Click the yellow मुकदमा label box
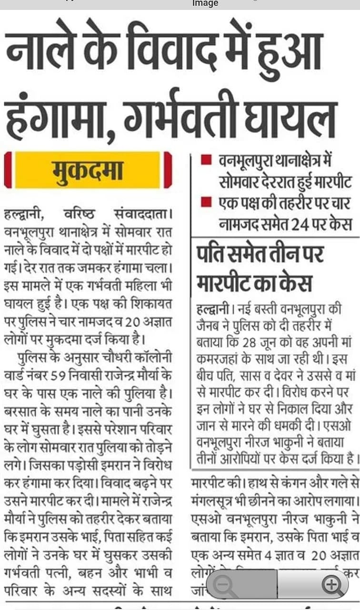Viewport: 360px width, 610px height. pos(88,170)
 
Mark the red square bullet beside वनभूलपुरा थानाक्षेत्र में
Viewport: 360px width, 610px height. pos(206,160)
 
